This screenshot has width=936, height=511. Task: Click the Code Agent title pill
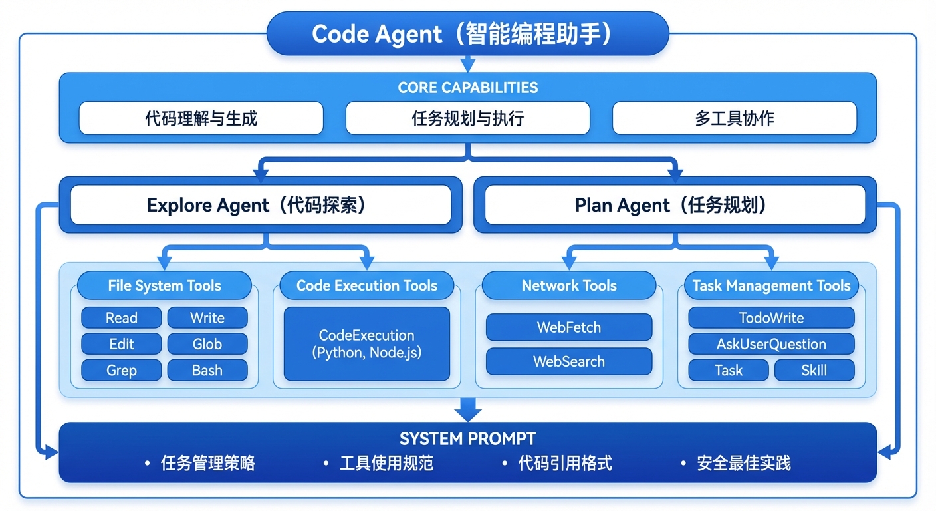point(467,34)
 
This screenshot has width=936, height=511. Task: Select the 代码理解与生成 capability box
point(201,118)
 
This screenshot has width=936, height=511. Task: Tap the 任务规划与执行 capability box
point(467,118)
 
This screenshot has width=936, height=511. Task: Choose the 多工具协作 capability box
point(734,118)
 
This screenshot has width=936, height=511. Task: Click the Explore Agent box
point(261,205)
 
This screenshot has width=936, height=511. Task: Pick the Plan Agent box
point(675,205)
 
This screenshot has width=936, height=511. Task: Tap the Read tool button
point(121,318)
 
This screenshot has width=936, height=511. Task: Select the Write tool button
point(207,318)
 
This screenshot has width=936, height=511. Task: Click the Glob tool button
point(207,344)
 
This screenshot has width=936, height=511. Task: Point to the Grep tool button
point(121,370)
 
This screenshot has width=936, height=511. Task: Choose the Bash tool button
point(207,370)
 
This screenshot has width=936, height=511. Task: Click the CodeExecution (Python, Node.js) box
point(366,343)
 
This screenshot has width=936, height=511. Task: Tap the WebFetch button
point(569,327)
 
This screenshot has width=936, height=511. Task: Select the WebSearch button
point(569,361)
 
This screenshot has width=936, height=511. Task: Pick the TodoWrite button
point(771,318)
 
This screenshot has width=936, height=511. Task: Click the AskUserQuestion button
point(771,344)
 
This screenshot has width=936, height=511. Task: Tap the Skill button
point(814,370)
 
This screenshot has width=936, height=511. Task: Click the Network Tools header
point(569,286)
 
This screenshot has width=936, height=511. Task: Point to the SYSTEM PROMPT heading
point(467,439)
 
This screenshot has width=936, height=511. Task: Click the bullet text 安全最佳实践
point(744,464)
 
